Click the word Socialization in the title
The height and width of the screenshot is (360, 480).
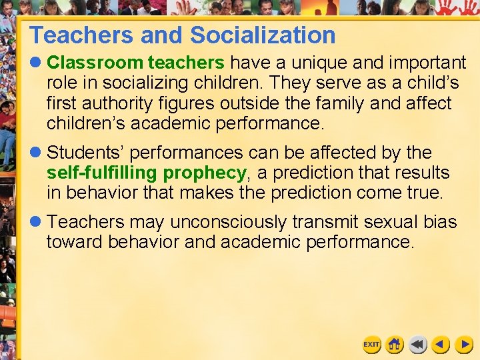pyautogui.click(x=263, y=35)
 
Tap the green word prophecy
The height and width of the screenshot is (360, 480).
pyautogui.click(x=205, y=173)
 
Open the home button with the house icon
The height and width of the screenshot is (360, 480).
pyautogui.click(x=395, y=345)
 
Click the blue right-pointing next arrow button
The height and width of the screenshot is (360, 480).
pyautogui.click(x=464, y=345)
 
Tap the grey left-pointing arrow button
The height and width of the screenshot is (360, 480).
pyautogui.click(x=418, y=345)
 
